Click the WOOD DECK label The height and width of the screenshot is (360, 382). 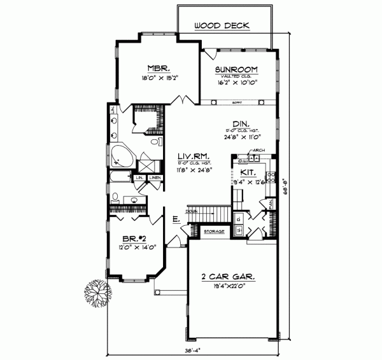pyautogui.click(x=222, y=26)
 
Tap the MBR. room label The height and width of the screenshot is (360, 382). pyautogui.click(x=158, y=68)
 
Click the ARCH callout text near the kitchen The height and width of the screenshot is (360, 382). pyautogui.click(x=258, y=151)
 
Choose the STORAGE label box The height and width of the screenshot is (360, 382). pyautogui.click(x=214, y=231)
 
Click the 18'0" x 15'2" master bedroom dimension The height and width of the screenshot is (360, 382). pyautogui.click(x=158, y=80)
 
